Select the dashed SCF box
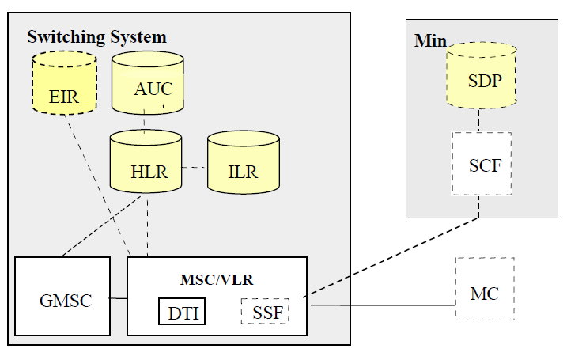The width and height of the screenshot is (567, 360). [481, 164]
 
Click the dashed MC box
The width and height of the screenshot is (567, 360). [484, 289]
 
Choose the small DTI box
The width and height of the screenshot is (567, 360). [181, 311]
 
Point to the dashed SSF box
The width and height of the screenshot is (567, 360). [264, 311]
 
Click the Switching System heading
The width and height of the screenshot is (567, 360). [96, 37]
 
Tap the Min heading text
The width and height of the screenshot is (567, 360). [430, 40]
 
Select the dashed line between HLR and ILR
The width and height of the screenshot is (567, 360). [195, 168]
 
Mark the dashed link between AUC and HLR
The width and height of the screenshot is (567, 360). [146, 123]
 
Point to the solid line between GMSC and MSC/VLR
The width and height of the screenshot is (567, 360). [117, 298]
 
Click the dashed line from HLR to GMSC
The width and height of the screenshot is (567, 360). [95, 230]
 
